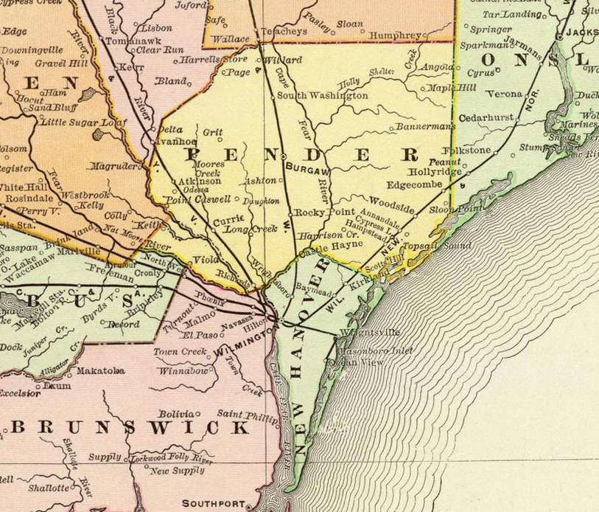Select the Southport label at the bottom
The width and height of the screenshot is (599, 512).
[x=213, y=504]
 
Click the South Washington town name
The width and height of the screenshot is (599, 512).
[x=322, y=96]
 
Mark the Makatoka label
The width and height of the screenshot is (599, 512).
[x=100, y=370]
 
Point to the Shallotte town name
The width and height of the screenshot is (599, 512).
[x=49, y=488]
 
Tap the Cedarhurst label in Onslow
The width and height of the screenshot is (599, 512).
[x=486, y=117]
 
